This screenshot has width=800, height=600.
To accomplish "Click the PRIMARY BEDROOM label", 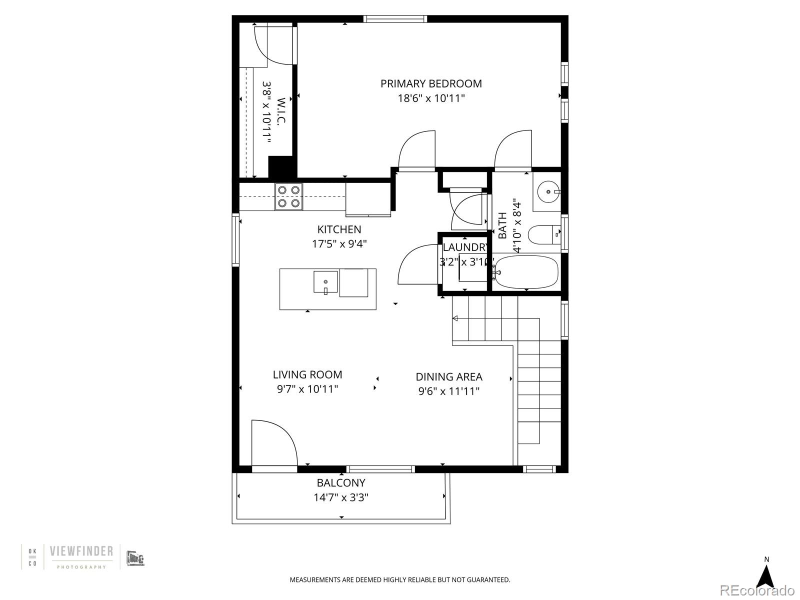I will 431,83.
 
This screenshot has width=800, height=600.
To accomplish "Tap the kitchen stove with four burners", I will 289,196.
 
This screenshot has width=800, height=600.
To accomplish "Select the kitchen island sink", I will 326,282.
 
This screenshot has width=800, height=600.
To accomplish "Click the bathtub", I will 526,271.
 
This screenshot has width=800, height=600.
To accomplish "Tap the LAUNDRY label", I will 465,247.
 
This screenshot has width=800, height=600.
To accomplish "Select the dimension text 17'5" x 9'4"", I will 339,244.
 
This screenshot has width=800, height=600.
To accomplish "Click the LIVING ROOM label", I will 307,374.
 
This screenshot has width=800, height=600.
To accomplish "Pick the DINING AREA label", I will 449,377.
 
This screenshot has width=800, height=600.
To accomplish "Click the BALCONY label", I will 341,482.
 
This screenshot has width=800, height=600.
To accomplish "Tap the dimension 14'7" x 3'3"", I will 341,497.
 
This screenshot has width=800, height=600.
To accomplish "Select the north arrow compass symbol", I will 765,577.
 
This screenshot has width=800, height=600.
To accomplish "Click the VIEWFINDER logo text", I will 81,551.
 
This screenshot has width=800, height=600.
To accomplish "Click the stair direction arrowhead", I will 455,318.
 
